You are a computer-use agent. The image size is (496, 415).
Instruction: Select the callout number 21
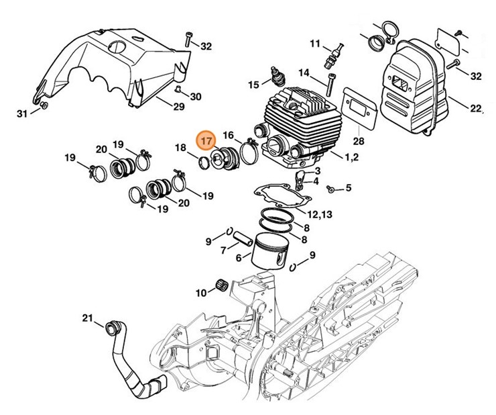click(88, 318)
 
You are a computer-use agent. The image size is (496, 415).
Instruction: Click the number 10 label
click(201, 292)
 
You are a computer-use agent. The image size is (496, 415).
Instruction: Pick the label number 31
click(22, 113)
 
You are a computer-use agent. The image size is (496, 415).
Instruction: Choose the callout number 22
click(477, 108)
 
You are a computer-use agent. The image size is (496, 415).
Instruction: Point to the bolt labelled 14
click(330, 86)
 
